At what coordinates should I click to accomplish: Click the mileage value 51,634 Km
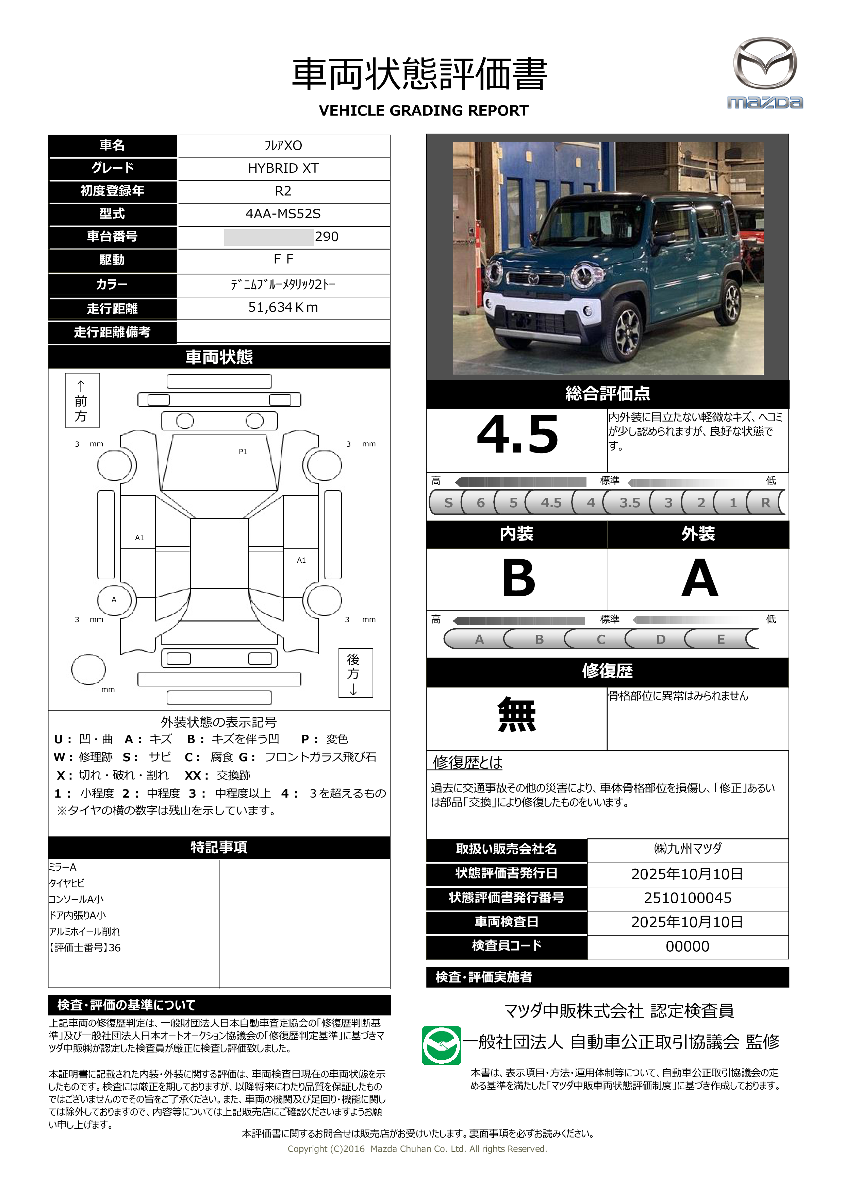coord(283,308)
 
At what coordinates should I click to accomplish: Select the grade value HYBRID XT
coord(283,168)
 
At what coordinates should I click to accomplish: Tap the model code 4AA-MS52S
coord(283,214)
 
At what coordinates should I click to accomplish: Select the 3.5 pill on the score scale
coord(629,502)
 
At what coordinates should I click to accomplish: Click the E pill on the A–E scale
coord(721,639)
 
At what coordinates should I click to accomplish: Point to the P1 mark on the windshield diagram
coord(243,451)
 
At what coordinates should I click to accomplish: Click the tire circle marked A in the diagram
coord(114,600)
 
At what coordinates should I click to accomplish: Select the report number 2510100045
coord(688,898)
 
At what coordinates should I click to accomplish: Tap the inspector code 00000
coord(688,946)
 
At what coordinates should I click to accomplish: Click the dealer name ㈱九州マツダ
coord(688,849)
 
